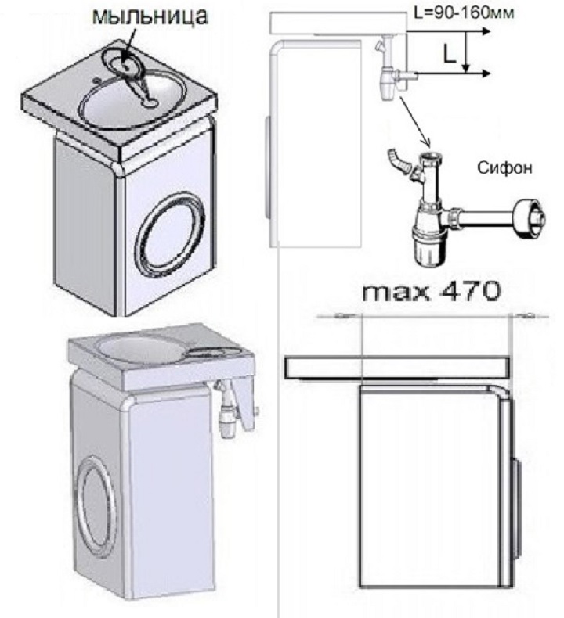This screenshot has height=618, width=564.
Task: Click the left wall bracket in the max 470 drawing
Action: (x=342, y=316)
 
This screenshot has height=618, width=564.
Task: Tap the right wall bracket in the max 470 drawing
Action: (x=525, y=316)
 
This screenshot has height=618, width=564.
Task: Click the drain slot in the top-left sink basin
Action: (x=148, y=99)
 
